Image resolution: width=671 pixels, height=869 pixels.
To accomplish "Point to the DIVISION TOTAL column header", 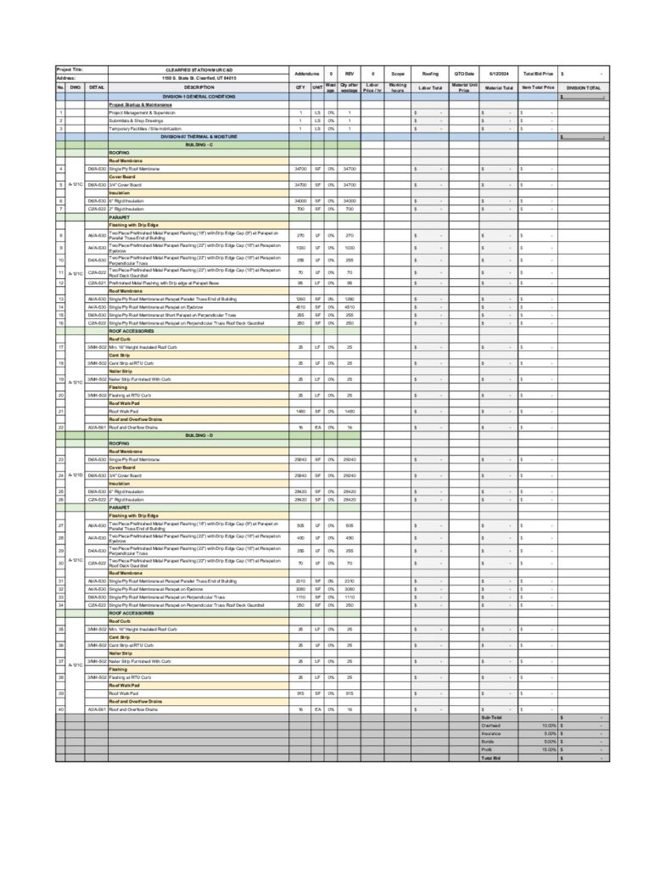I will point(584,87).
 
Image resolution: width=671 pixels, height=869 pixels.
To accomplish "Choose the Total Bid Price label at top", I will point(538,74).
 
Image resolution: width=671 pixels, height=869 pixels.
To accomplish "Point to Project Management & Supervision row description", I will point(142,112).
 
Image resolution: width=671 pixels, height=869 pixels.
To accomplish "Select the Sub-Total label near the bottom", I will point(492,717).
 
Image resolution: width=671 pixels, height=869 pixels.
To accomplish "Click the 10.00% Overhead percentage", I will point(549,726).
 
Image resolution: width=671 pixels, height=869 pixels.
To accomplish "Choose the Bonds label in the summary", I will point(488,742).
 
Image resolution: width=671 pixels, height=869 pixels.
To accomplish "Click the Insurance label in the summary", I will point(491,733).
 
